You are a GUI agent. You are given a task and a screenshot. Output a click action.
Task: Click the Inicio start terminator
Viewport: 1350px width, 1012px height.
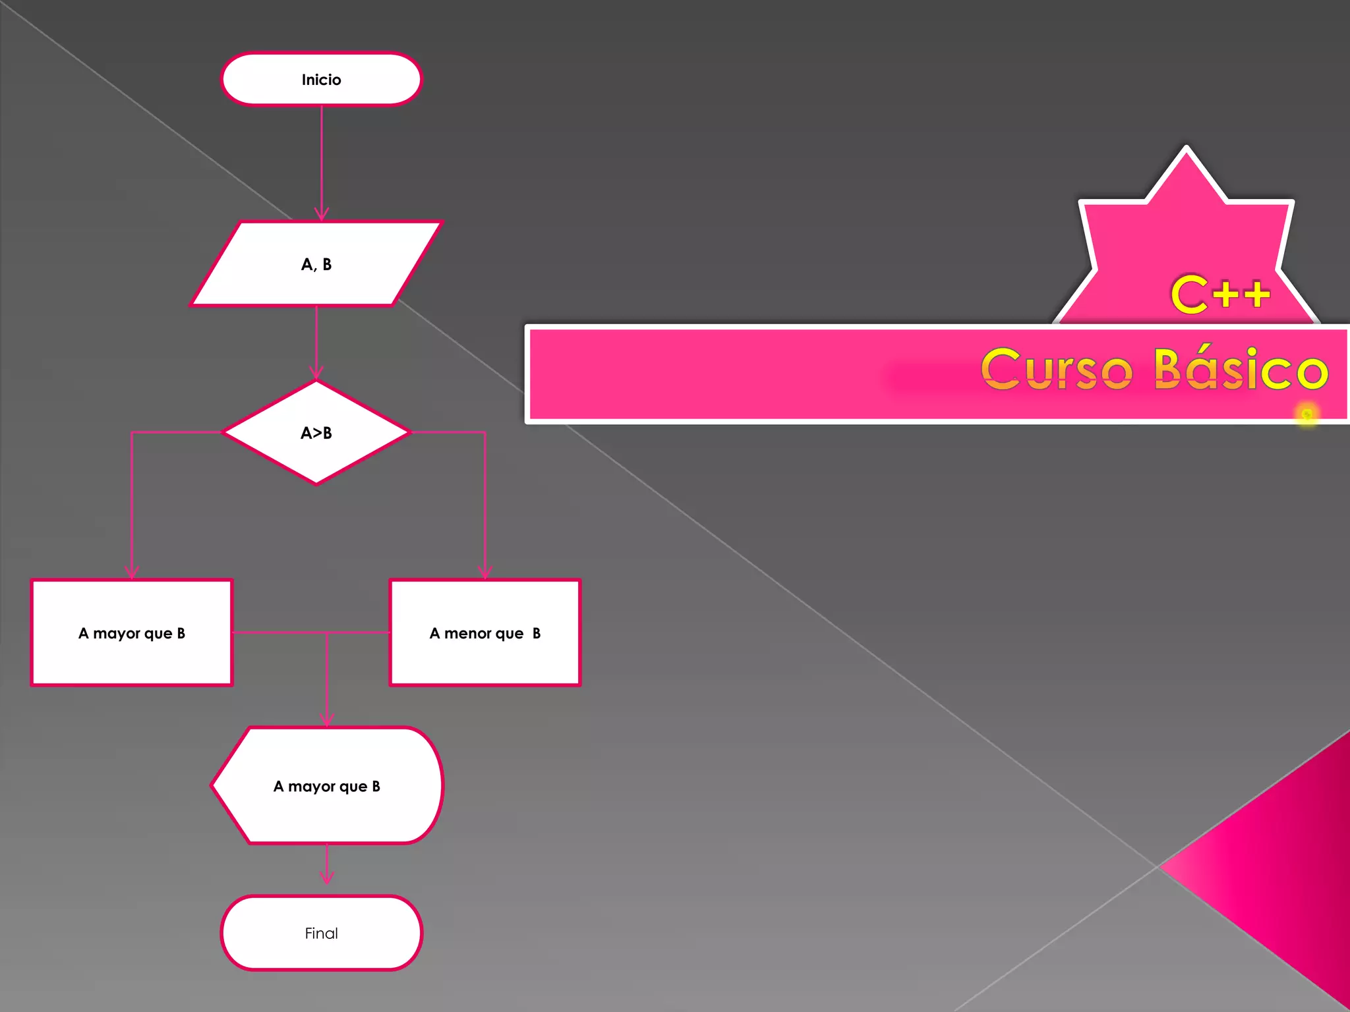[321, 79]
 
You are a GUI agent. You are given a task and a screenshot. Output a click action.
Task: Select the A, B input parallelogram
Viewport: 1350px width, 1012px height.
[316, 264]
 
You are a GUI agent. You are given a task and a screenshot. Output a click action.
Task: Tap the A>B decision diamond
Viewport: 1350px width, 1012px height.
[316, 433]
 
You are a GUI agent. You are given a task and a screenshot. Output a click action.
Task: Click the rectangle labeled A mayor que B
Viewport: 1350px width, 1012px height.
[132, 632]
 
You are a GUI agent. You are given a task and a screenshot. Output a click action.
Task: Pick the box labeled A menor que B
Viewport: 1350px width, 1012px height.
[485, 632]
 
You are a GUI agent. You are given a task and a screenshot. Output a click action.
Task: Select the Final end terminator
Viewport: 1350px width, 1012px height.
[321, 933]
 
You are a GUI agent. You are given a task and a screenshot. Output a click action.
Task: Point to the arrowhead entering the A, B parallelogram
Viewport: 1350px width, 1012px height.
[322, 215]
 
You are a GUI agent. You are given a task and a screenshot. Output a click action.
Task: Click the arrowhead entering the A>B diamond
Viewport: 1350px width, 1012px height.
[316, 374]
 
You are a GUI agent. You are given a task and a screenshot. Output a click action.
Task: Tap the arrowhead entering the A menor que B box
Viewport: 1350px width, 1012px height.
[485, 573]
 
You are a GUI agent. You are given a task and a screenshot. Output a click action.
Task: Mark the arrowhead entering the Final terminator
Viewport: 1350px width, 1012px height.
[327, 878]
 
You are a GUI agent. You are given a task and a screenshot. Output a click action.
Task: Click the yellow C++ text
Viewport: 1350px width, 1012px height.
[1220, 294]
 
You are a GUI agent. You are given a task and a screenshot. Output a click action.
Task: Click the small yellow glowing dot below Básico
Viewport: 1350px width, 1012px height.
[1307, 414]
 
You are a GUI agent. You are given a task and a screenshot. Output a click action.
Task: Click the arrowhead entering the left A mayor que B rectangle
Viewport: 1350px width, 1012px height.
[132, 573]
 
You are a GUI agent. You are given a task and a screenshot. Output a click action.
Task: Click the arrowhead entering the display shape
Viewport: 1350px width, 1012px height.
[327, 720]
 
